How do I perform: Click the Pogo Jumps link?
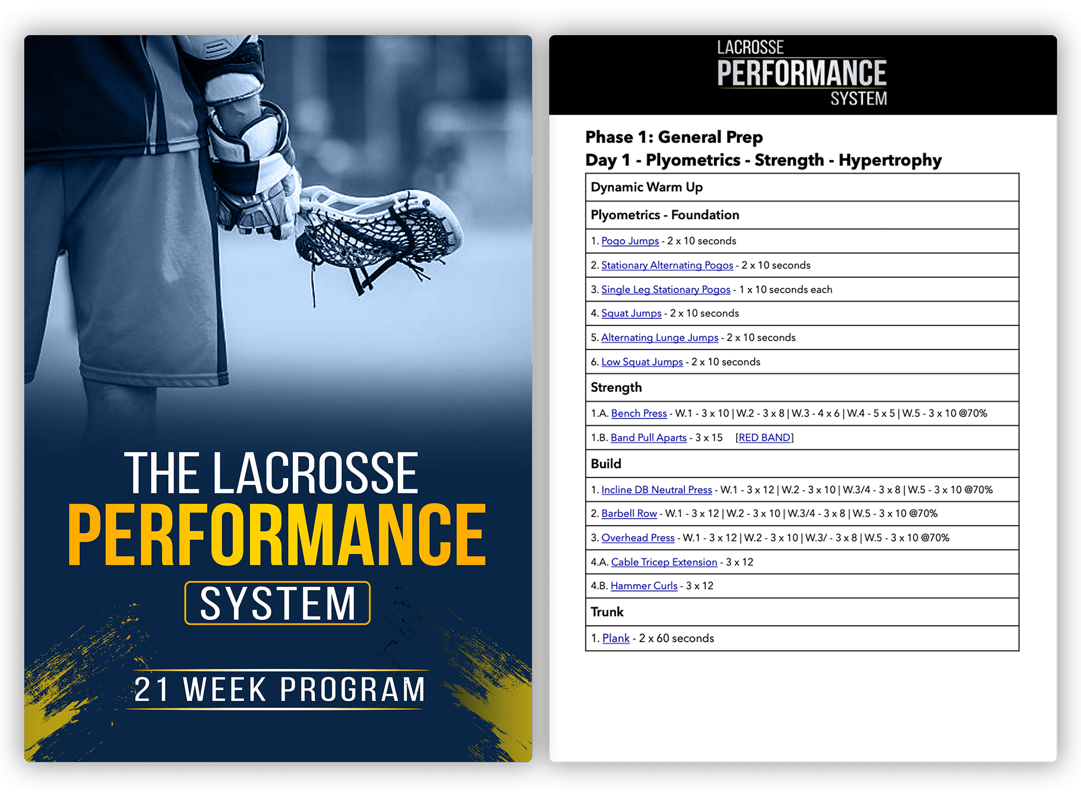pyautogui.click(x=630, y=241)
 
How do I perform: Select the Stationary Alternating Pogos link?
pyautogui.click(x=667, y=265)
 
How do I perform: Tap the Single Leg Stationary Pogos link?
pyautogui.click(x=665, y=290)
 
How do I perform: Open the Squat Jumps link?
pyautogui.click(x=631, y=313)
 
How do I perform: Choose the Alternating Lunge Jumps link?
pyautogui.click(x=659, y=338)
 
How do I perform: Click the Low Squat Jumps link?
pyautogui.click(x=642, y=362)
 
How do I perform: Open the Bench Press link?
pyautogui.click(x=639, y=413)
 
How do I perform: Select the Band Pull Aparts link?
pyautogui.click(x=649, y=438)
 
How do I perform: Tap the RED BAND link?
pyautogui.click(x=764, y=438)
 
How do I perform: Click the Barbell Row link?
pyautogui.click(x=629, y=513)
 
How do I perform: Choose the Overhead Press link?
pyautogui.click(x=638, y=538)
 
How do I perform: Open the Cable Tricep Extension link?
pyautogui.click(x=664, y=562)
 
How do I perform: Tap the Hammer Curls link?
pyautogui.click(x=644, y=586)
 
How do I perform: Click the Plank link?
pyautogui.click(x=616, y=638)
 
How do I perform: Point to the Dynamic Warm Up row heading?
pyautogui.click(x=646, y=187)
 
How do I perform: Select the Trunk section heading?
pyautogui.click(x=607, y=612)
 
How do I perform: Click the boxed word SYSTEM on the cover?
pyautogui.click(x=278, y=603)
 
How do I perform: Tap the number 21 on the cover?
pyautogui.click(x=151, y=689)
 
